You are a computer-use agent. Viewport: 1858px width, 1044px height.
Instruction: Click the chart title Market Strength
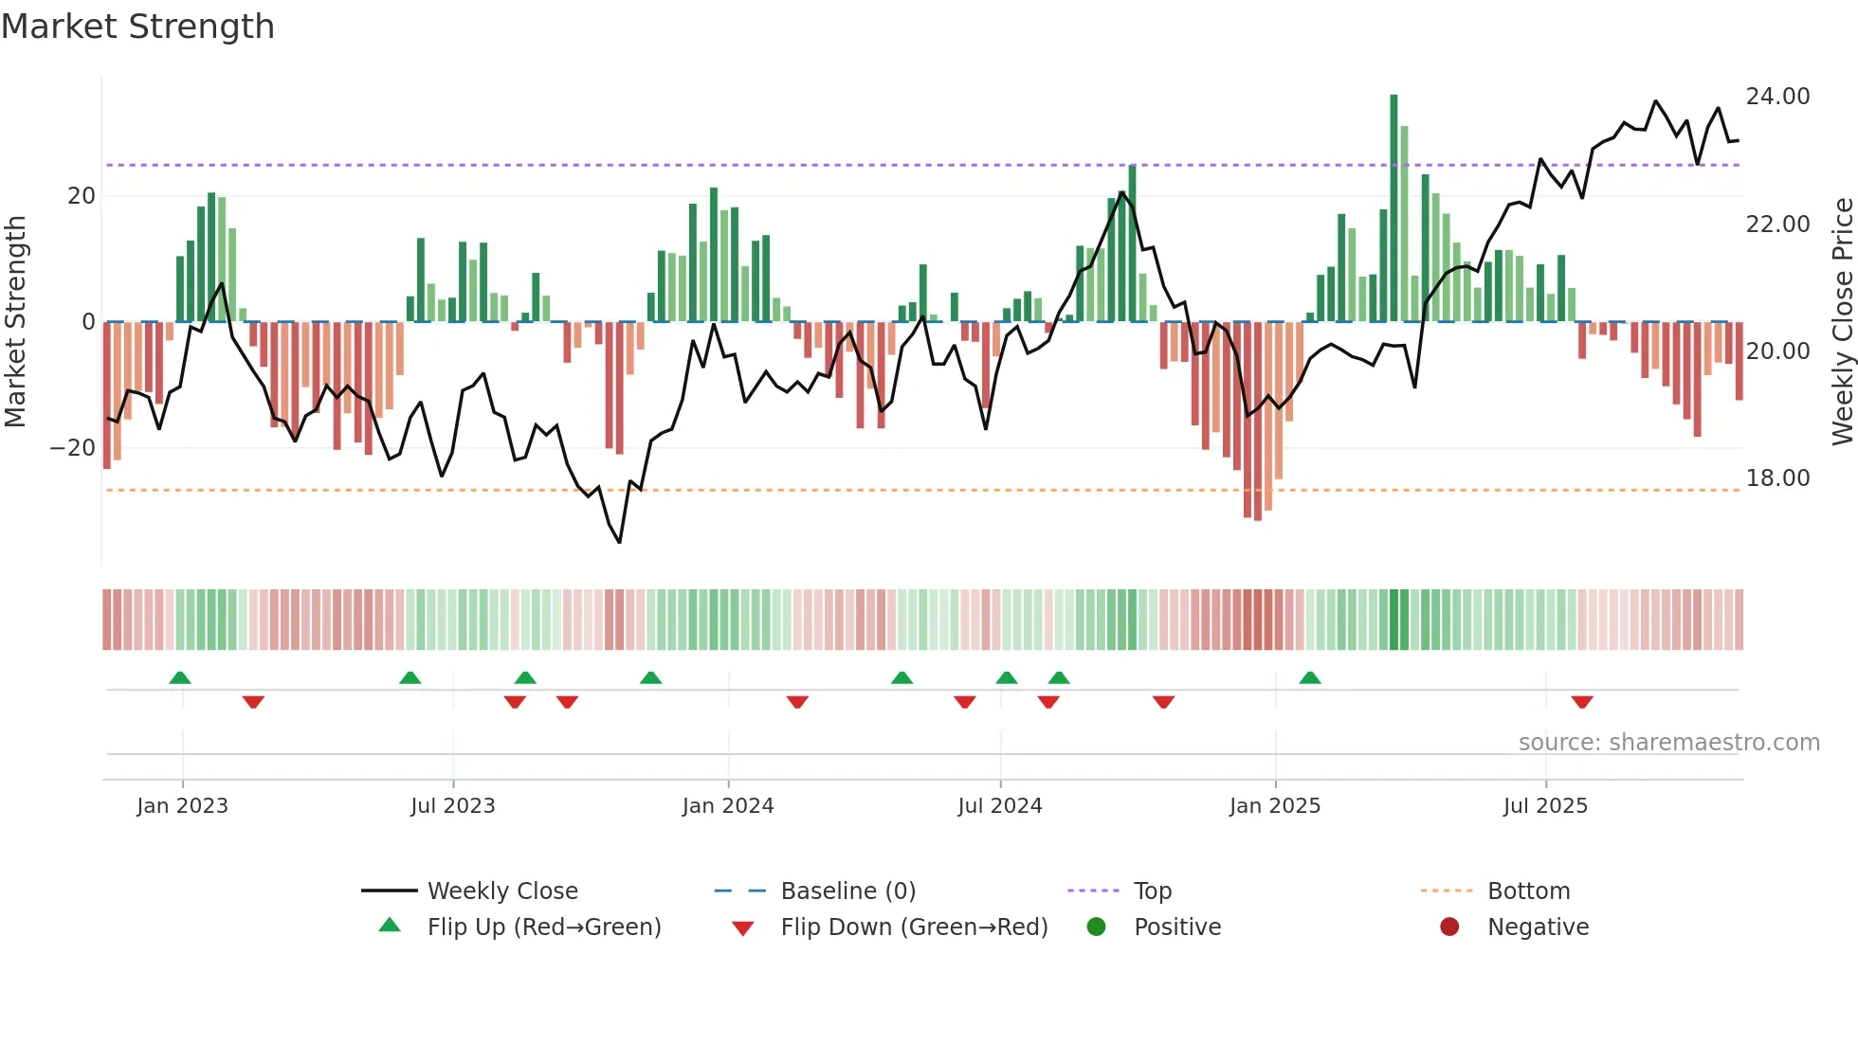click(137, 27)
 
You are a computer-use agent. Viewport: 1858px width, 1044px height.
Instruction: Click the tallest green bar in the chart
click(1393, 208)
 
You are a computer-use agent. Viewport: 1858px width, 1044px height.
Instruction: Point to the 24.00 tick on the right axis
click(1777, 97)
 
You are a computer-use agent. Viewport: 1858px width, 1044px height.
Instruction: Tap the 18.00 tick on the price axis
click(1777, 478)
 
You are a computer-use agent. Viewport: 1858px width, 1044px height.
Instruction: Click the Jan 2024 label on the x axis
click(727, 806)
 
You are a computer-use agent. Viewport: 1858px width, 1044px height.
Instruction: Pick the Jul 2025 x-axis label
click(1545, 806)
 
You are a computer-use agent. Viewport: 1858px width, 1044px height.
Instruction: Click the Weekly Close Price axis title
click(1842, 322)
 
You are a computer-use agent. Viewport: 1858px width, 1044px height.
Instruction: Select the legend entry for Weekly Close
click(502, 891)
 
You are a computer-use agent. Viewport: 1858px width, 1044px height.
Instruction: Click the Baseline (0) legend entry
click(847, 891)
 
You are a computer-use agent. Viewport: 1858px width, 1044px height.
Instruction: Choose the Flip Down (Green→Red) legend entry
click(914, 927)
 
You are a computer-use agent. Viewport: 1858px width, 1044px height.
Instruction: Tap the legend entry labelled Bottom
click(1528, 891)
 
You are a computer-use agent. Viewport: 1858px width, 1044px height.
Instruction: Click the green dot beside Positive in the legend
click(1096, 927)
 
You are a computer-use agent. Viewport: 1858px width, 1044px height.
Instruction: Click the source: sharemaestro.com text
click(1668, 743)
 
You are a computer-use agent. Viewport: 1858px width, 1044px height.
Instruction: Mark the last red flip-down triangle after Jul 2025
click(1581, 702)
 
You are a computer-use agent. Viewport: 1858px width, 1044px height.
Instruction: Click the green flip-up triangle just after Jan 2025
click(1309, 678)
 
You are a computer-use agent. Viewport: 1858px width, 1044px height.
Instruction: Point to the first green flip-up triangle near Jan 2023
click(179, 678)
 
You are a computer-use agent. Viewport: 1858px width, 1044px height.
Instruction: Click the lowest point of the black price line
click(619, 542)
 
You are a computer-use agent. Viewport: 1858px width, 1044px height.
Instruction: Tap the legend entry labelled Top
click(1153, 891)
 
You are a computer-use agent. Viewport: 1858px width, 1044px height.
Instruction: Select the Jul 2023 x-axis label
click(452, 806)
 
